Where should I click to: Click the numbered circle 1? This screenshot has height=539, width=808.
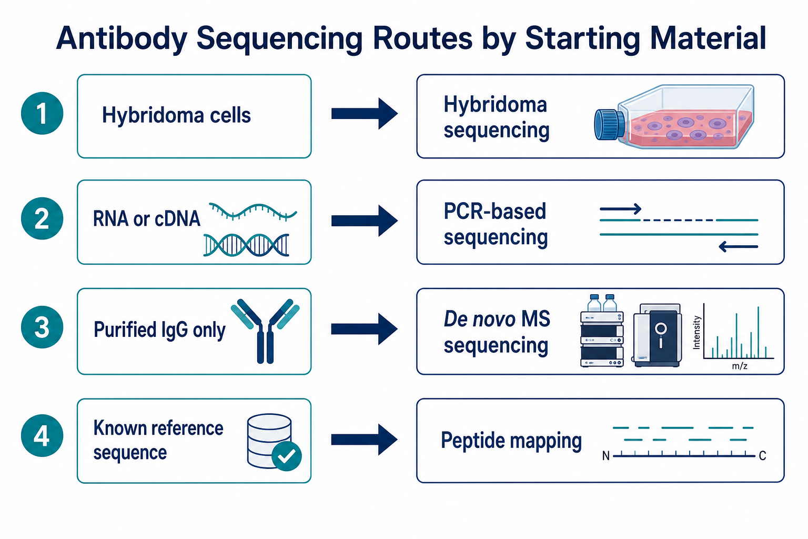[x=42, y=113]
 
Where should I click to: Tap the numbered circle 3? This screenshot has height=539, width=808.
[x=42, y=327]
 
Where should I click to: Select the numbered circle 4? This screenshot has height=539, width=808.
[x=42, y=435]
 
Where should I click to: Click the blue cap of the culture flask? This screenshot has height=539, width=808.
[x=609, y=125]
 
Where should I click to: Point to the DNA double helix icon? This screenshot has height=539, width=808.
[x=246, y=245]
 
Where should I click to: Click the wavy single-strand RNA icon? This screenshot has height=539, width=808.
[x=253, y=212]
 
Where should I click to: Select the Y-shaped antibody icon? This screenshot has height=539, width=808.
[x=265, y=331]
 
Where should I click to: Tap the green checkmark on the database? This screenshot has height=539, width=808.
[x=286, y=456]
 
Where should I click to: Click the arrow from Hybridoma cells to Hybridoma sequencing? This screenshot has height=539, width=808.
[x=365, y=114]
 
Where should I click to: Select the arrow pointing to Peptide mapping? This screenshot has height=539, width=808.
[x=365, y=440]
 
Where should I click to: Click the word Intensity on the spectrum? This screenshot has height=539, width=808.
[x=696, y=333]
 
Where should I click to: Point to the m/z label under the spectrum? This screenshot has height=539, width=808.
[x=740, y=366]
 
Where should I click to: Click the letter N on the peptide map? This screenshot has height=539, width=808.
[x=605, y=456]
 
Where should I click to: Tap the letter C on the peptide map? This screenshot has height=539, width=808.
[x=762, y=456]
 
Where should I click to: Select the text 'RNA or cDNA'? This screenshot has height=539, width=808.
[x=146, y=219]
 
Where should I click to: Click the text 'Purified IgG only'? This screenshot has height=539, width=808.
[x=159, y=330]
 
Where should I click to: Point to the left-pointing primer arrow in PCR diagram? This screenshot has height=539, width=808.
[x=739, y=247]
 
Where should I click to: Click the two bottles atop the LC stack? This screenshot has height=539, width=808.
[x=602, y=303]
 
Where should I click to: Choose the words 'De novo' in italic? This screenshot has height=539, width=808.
[x=479, y=319]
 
